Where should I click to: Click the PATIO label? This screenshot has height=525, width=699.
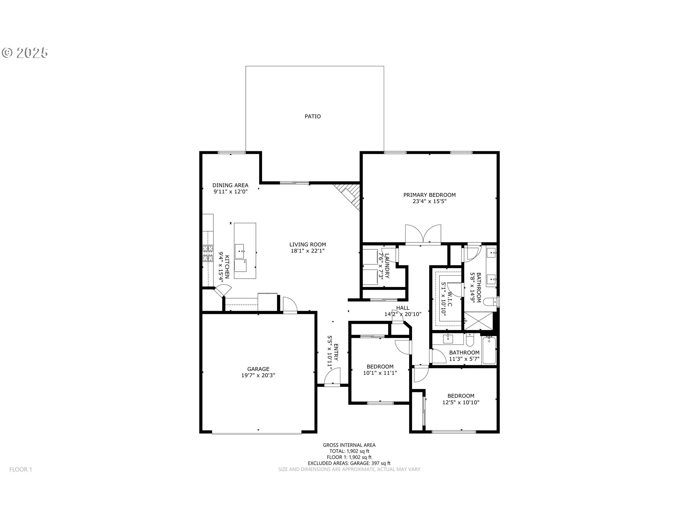tap(313, 116)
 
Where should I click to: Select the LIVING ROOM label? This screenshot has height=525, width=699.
tap(308, 245)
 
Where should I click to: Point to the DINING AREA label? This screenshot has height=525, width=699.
tap(230, 185)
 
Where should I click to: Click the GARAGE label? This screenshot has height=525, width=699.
tap(258, 369)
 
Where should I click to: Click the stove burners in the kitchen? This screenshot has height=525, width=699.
tap(208, 253)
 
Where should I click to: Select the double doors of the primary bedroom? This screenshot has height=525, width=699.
tap(423, 234)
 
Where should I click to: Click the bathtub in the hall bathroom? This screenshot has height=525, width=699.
tap(489, 350)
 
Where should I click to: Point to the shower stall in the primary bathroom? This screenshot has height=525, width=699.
tap(480, 320)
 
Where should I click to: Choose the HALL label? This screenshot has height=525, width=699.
tap(403, 308)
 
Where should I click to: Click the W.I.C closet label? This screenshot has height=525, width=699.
tap(450, 299)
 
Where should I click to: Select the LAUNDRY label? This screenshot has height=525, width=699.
tap(387, 266)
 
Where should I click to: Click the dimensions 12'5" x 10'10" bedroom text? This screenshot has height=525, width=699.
tap(461, 402)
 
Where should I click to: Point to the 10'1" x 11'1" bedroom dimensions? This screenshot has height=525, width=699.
tap(380, 373)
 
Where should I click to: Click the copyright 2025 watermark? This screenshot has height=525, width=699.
tap(25, 53)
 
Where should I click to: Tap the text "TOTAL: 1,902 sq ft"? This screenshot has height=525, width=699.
tap(349, 451)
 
